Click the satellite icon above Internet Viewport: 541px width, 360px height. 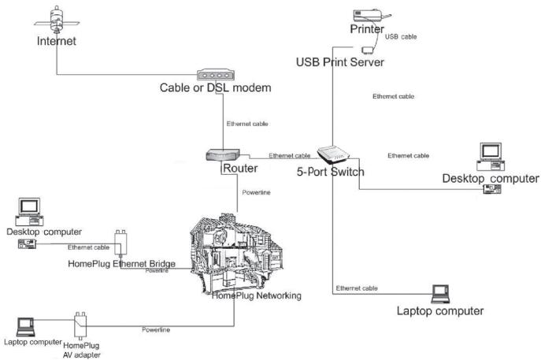tap(57, 20)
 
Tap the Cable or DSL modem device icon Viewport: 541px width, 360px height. tap(216, 75)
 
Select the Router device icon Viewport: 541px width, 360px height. tap(223, 154)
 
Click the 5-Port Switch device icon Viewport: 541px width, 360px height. tap(333, 155)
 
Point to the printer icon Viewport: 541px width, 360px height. tap(372, 16)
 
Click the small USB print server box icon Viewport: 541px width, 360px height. tap(368, 50)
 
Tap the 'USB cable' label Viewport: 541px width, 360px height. tap(401, 36)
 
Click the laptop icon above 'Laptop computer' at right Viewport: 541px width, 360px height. tap(441, 294)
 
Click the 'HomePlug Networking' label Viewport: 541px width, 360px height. tap(257, 296)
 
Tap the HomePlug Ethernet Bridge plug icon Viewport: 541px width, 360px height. tap(120, 243)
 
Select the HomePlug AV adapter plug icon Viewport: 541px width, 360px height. tap(80, 325)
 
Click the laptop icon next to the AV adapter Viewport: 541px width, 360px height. tap(25, 327)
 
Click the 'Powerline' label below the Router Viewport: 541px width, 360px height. tap(256, 192)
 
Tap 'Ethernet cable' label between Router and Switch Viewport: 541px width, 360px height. tap(290, 156)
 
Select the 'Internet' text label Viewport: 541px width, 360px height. tap(56, 41)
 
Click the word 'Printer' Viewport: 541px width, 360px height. tap(367, 29)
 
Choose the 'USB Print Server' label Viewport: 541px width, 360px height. tap(340, 62)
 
